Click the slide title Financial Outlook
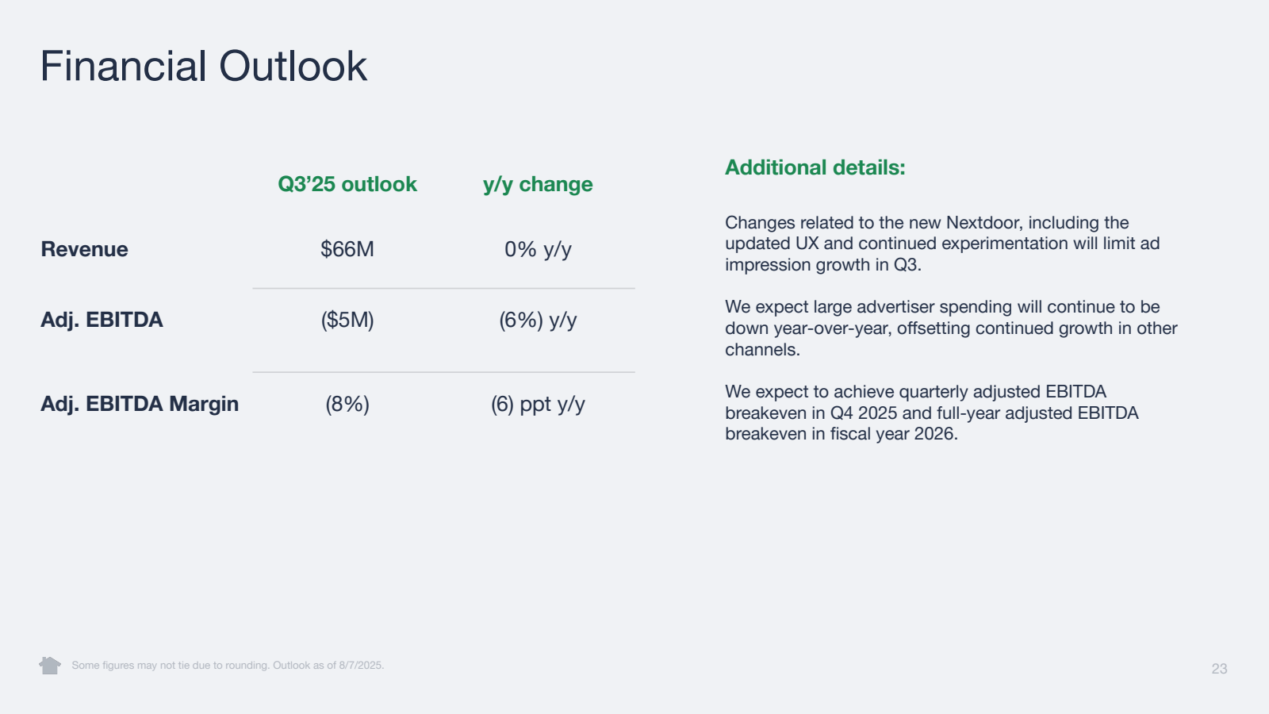pyautogui.click(x=203, y=66)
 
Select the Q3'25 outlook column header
pyautogui.click(x=347, y=184)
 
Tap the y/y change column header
pyautogui.click(x=538, y=184)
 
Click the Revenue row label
pyautogui.click(x=84, y=249)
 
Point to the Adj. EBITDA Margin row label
pyautogui.click(x=140, y=404)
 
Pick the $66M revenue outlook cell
pyautogui.click(x=347, y=249)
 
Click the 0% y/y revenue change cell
pyautogui.click(x=538, y=249)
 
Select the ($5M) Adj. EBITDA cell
pyautogui.click(x=347, y=320)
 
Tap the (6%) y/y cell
pyautogui.click(x=538, y=320)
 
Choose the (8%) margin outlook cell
pyautogui.click(x=347, y=404)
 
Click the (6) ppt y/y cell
pyautogui.click(x=538, y=404)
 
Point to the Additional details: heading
pyautogui.click(x=815, y=167)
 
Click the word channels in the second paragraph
pyautogui.click(x=759, y=350)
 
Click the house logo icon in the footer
pyautogui.click(x=50, y=665)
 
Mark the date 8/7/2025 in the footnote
pyautogui.click(x=360, y=666)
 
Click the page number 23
pyautogui.click(x=1219, y=669)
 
